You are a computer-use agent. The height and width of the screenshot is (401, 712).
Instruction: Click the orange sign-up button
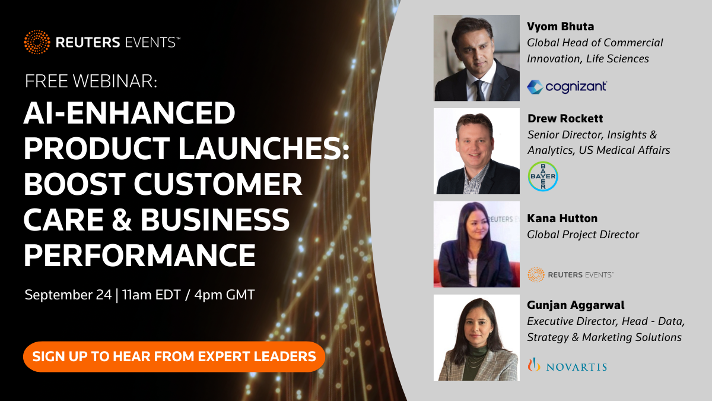click(174, 356)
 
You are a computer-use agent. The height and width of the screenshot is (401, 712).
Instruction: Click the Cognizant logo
click(567, 87)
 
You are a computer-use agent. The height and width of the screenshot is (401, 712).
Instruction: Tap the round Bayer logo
click(542, 176)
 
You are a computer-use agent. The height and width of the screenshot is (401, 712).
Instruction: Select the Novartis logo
click(567, 365)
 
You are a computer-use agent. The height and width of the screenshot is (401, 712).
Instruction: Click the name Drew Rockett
click(565, 119)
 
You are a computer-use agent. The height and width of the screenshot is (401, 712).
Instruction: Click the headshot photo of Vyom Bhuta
click(476, 58)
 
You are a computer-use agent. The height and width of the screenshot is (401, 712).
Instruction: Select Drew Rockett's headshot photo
click(476, 151)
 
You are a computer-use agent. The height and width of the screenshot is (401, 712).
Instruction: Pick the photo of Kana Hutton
click(476, 244)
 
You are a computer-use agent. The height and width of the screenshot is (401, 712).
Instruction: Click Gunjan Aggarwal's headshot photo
click(476, 337)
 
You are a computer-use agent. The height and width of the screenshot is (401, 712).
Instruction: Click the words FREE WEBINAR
click(91, 82)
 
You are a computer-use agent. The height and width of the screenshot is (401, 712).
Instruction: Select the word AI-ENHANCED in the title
click(129, 113)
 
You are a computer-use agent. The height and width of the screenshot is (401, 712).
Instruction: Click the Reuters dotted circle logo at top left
click(37, 42)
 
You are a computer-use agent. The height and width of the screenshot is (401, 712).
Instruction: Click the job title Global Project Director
click(583, 235)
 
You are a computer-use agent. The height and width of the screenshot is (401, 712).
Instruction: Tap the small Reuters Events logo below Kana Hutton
click(570, 274)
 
